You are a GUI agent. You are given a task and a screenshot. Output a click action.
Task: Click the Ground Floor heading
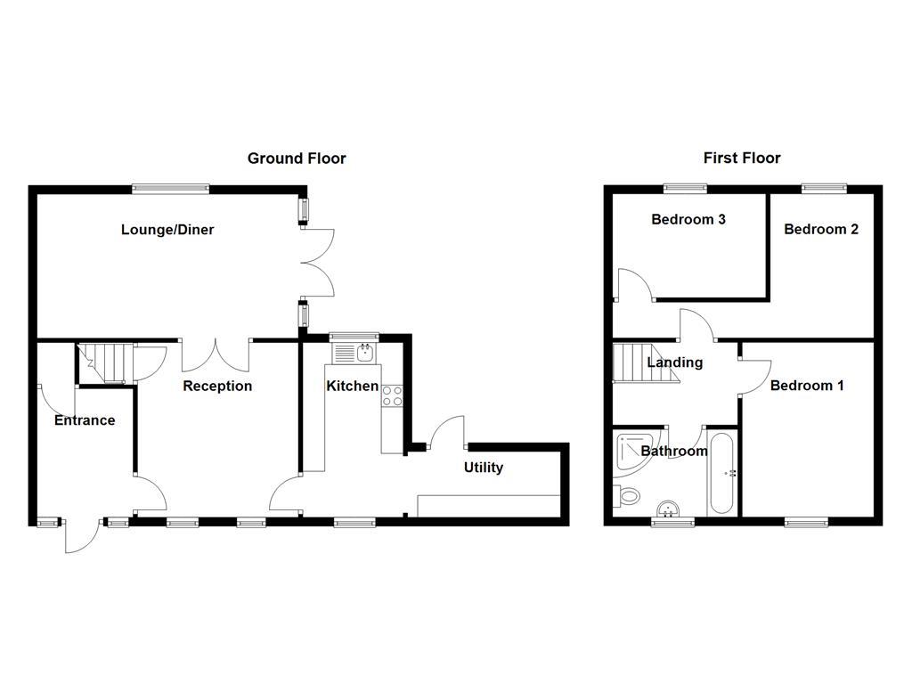pos(297,159)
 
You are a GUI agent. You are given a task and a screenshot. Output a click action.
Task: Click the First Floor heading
pos(742,158)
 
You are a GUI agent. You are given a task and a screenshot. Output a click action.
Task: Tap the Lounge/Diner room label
pos(167,230)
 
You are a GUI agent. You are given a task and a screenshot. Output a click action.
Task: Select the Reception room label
pos(217,386)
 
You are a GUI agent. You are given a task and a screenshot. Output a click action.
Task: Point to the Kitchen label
pos(352,387)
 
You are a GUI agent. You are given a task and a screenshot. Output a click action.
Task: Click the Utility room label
pos(484,468)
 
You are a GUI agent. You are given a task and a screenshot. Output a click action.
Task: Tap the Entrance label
pos(85,420)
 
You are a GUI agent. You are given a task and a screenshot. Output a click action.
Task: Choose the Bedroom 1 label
pos(807,386)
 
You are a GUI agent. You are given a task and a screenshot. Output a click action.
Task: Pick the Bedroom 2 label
pos(821,229)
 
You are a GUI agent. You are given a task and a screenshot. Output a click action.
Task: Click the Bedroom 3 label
pos(688,219)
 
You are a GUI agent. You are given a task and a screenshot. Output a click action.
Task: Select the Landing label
pos(674,362)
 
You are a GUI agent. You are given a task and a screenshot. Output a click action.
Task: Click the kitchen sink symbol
pos(355,353)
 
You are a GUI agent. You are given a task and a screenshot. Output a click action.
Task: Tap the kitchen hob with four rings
pos(392,395)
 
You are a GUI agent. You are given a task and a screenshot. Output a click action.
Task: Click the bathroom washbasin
pos(668,509)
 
